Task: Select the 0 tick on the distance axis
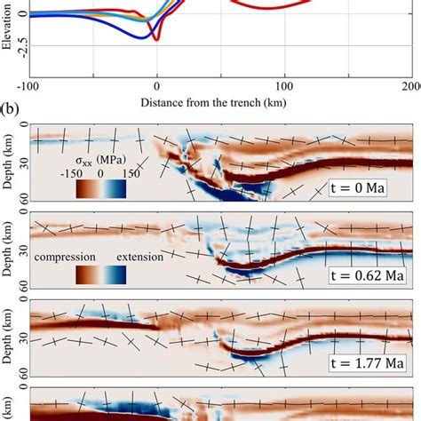[157, 86]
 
